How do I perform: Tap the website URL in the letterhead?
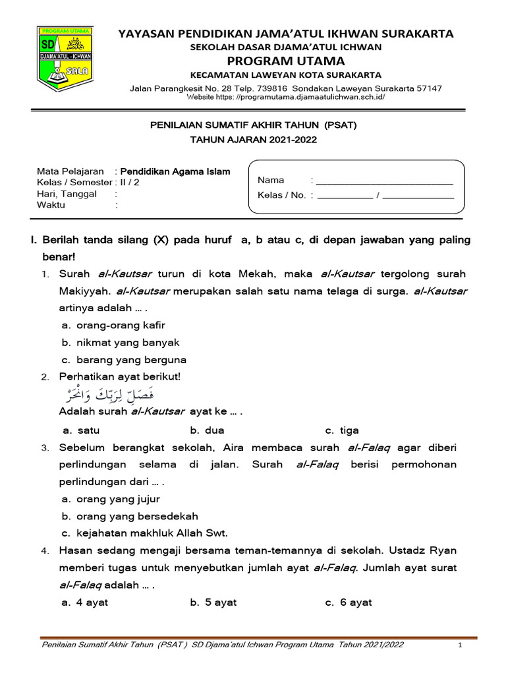point(285,97)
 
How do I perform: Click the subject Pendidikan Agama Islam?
point(175,171)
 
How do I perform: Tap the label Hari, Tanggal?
point(67,194)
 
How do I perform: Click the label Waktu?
point(51,205)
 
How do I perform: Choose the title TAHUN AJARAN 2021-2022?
point(253,140)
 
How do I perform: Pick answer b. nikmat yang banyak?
point(121,343)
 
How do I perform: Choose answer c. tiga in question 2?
point(342,430)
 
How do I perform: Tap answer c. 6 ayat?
point(349,602)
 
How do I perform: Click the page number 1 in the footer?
point(461,645)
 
